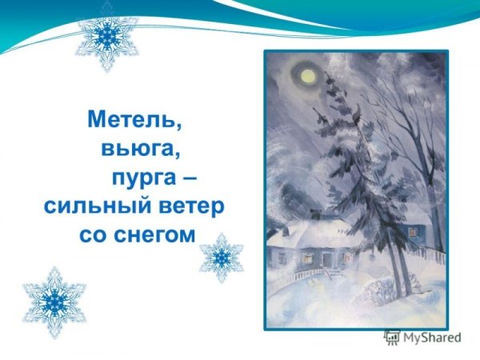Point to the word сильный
94,207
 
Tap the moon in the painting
306,75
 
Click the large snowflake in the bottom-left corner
53,300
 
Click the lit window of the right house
413,231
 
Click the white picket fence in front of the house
308,276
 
